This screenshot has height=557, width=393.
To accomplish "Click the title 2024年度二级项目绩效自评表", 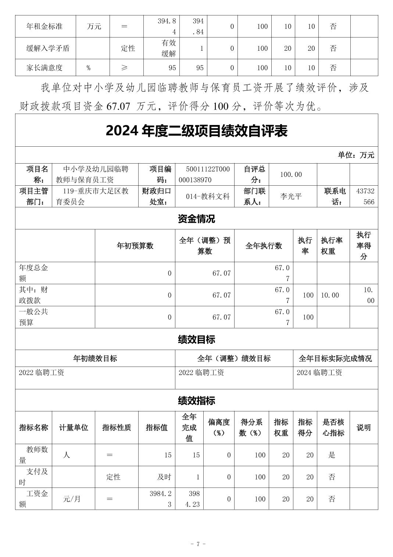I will (196, 131).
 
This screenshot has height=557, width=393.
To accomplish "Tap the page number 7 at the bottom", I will (198, 544).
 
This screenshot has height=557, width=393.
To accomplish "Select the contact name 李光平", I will (291, 196).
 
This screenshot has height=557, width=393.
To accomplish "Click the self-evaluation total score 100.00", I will (291, 174).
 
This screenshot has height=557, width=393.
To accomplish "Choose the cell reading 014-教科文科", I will (208, 196).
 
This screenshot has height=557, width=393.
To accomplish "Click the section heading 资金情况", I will (196, 219).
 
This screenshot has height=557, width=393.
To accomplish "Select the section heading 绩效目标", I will (196, 339).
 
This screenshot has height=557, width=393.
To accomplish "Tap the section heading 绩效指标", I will (196, 400).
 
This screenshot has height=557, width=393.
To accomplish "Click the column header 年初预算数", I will (135, 246).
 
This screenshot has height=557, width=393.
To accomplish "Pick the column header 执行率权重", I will (332, 246).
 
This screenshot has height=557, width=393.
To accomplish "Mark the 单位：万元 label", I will (356, 155).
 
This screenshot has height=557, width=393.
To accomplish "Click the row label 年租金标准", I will (44, 26).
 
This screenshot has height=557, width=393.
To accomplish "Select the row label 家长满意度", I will (44, 68).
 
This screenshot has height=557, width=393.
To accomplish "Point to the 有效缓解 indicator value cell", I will (168, 48).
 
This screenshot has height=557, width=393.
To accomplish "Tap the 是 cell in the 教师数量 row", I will (332, 455).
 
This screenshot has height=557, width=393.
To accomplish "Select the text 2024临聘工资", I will (319, 373).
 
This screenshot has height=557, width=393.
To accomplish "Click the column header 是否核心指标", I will (333, 428).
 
